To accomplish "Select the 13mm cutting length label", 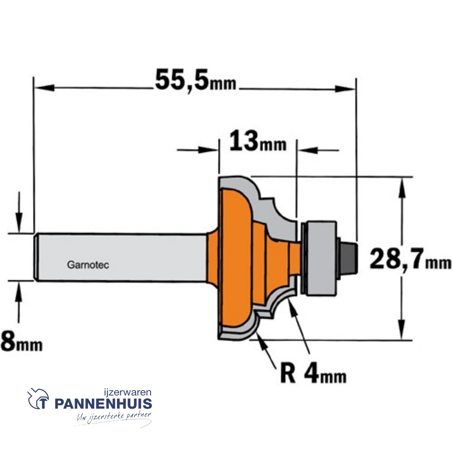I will coord(258,143).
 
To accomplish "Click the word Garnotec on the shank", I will coord(88,265).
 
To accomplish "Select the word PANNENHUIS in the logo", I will coord(103,404).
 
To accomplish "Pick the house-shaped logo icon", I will coord(38,399).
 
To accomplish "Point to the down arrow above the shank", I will coord(18,222).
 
